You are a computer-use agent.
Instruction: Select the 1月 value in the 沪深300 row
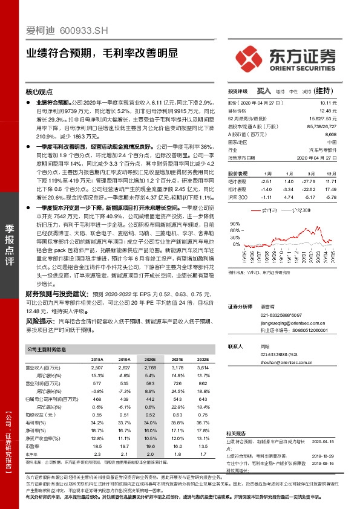(288, 180)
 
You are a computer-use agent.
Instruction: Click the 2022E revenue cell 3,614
(203, 367)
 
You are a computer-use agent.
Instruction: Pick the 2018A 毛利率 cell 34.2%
(97, 423)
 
